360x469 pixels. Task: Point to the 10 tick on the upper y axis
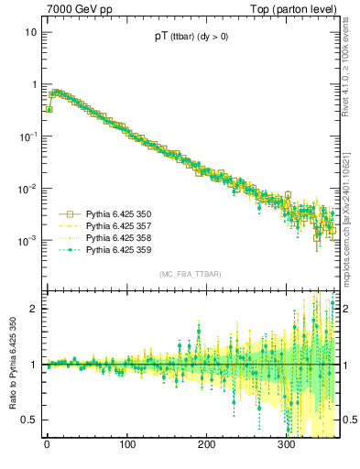(x=30, y=32)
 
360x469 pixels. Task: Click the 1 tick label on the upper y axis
(x=33, y=84)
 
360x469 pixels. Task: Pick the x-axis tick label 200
(x=206, y=448)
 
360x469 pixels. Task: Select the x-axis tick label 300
(x=286, y=448)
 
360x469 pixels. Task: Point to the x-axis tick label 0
(x=47, y=448)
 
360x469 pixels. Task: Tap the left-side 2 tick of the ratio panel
(x=34, y=309)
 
